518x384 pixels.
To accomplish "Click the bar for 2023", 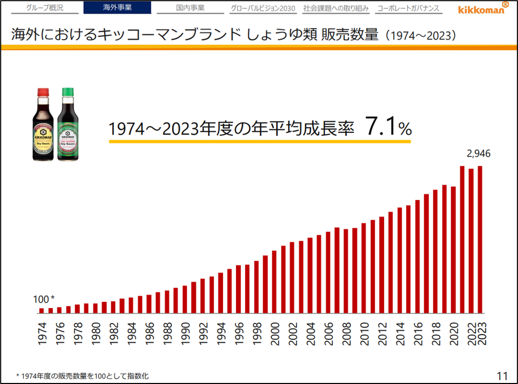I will click(x=480, y=240).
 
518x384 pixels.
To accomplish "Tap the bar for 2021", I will click(x=462, y=240).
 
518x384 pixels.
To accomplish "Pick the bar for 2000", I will click(x=274, y=282).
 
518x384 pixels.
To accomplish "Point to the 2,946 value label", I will click(x=478, y=153).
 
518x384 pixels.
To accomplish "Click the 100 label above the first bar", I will click(x=42, y=299).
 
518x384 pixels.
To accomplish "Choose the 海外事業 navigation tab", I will click(x=117, y=8).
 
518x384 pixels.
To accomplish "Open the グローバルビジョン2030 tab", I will click(x=263, y=8).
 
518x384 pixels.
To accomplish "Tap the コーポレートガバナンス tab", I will click(x=409, y=8).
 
